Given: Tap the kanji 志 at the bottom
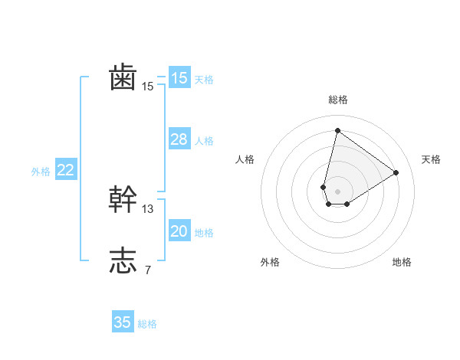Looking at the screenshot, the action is pyautogui.click(x=123, y=260).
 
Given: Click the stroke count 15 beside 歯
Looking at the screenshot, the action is pyautogui.click(x=148, y=87).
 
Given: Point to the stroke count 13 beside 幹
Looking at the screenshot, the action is pyautogui.click(x=148, y=208).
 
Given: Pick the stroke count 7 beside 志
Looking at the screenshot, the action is pyautogui.click(x=148, y=270).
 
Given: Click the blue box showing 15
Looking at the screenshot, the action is pyautogui.click(x=179, y=78).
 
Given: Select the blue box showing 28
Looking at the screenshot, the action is pyautogui.click(x=179, y=139).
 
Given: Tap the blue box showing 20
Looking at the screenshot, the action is pyautogui.click(x=179, y=231).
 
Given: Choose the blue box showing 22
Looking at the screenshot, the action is pyautogui.click(x=65, y=170).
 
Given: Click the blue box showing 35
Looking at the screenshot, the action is pyautogui.click(x=123, y=322).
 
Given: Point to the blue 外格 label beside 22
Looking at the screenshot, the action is pyautogui.click(x=41, y=172).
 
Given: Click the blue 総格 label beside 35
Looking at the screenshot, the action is pyautogui.click(x=147, y=324).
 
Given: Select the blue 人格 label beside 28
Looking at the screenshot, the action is pyautogui.click(x=204, y=141).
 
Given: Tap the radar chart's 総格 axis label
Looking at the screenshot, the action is pyautogui.click(x=337, y=100).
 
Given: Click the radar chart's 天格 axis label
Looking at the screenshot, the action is pyautogui.click(x=431, y=159).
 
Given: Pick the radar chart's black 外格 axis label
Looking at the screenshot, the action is pyautogui.click(x=270, y=262).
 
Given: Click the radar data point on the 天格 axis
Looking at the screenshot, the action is pyautogui.click(x=396, y=172).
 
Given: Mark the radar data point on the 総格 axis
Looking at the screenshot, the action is pyautogui.click(x=337, y=130).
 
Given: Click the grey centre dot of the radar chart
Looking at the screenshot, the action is pyautogui.click(x=337, y=191).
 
